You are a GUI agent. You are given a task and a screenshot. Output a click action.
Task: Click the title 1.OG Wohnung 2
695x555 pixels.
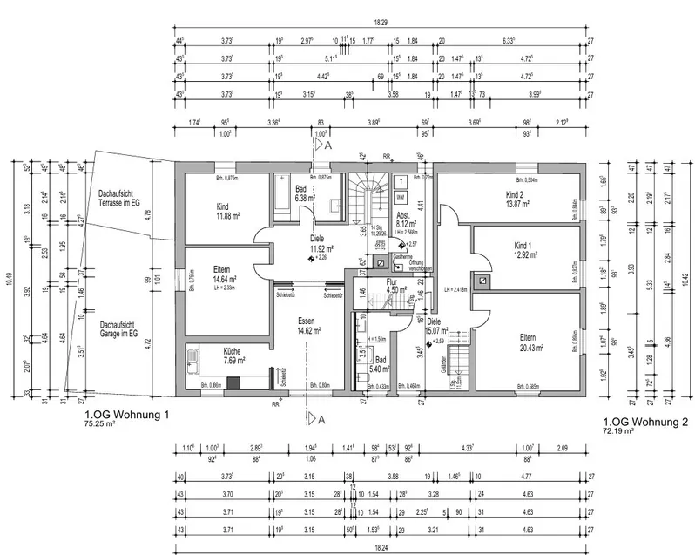(x=644, y=424)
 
